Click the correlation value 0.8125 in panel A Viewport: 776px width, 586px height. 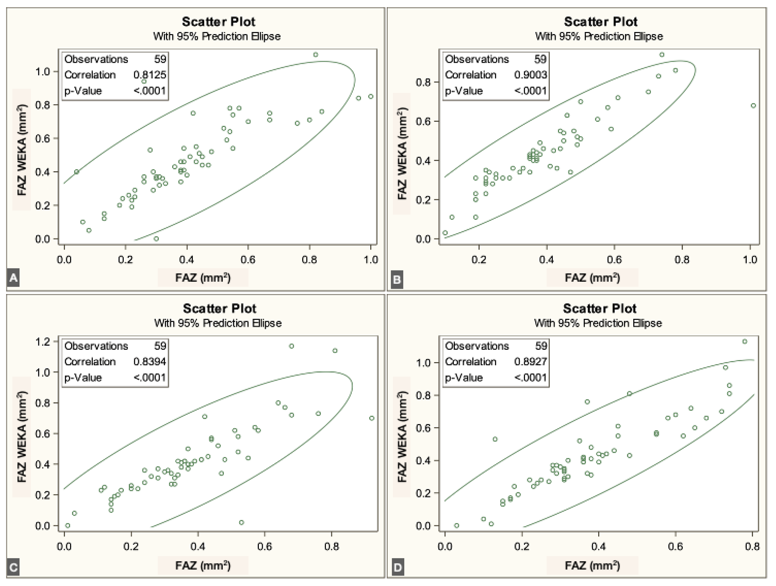[150, 75]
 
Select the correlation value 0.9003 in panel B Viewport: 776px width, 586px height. [530, 75]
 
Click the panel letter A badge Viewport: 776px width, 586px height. [13, 278]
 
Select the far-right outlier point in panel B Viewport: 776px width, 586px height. [753, 106]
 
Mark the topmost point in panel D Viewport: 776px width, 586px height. [745, 341]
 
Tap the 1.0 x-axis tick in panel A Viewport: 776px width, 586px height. [370, 260]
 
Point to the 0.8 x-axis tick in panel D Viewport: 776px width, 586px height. [752, 546]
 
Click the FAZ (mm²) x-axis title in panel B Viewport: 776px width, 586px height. [592, 278]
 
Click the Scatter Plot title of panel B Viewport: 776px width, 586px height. [600, 22]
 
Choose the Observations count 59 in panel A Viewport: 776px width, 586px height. [160, 59]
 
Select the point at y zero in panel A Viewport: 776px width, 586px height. [156, 239]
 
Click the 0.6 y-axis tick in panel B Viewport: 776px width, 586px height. [423, 121]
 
